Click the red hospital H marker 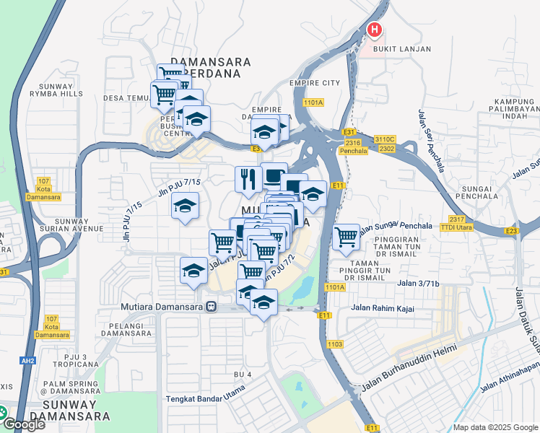click(375, 30)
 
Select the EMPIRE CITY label click(314, 83)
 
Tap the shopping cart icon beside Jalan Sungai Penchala click(347, 236)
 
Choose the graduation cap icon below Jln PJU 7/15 click(185, 206)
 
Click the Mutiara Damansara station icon click(211, 306)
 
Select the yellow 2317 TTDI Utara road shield click(456, 222)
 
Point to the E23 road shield click(512, 231)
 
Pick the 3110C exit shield click(385, 139)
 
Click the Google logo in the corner click(24, 424)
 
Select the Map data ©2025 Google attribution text click(495, 427)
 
